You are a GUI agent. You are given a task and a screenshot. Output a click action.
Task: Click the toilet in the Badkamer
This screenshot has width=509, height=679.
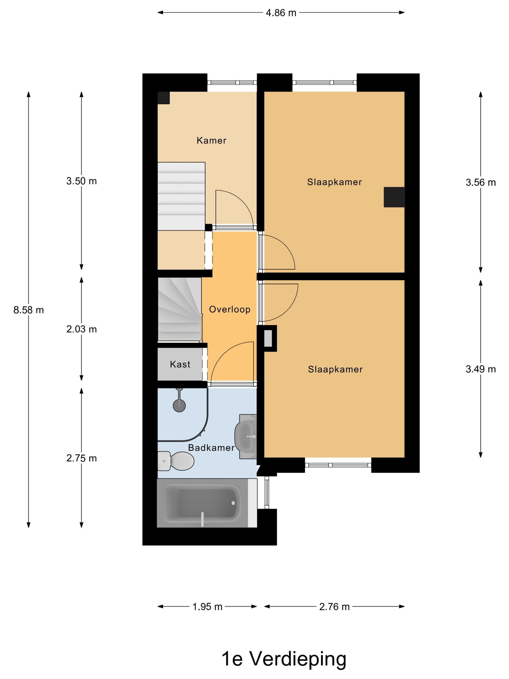point(175,461)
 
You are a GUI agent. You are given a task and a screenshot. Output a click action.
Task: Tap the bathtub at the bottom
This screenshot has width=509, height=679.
point(207,502)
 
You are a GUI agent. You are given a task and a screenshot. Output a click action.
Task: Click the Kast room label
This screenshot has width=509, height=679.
point(180,364)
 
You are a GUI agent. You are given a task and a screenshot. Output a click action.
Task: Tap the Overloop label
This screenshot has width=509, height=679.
point(230,309)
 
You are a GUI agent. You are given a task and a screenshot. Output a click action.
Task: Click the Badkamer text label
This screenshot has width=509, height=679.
point(211,448)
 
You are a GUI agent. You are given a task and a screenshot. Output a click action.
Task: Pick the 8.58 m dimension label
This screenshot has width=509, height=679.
point(29,310)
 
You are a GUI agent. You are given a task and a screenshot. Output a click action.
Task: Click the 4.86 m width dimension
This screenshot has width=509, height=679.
point(281,13)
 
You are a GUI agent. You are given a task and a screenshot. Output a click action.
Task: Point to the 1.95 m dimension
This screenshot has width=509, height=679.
point(207,606)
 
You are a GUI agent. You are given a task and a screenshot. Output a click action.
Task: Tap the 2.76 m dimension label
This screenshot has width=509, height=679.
point(334,606)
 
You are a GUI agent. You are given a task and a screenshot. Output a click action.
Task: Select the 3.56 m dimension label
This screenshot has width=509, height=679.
point(481,182)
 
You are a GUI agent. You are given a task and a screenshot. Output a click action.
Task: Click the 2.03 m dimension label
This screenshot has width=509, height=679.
point(82,329)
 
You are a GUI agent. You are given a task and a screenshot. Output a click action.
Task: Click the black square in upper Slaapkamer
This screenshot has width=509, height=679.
point(394,197)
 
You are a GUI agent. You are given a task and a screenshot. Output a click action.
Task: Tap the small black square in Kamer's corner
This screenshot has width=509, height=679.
point(164,98)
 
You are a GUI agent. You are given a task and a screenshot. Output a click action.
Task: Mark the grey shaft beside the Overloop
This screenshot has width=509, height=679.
point(268,338)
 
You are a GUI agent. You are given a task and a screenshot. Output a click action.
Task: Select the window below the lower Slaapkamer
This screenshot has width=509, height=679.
point(338,465)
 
